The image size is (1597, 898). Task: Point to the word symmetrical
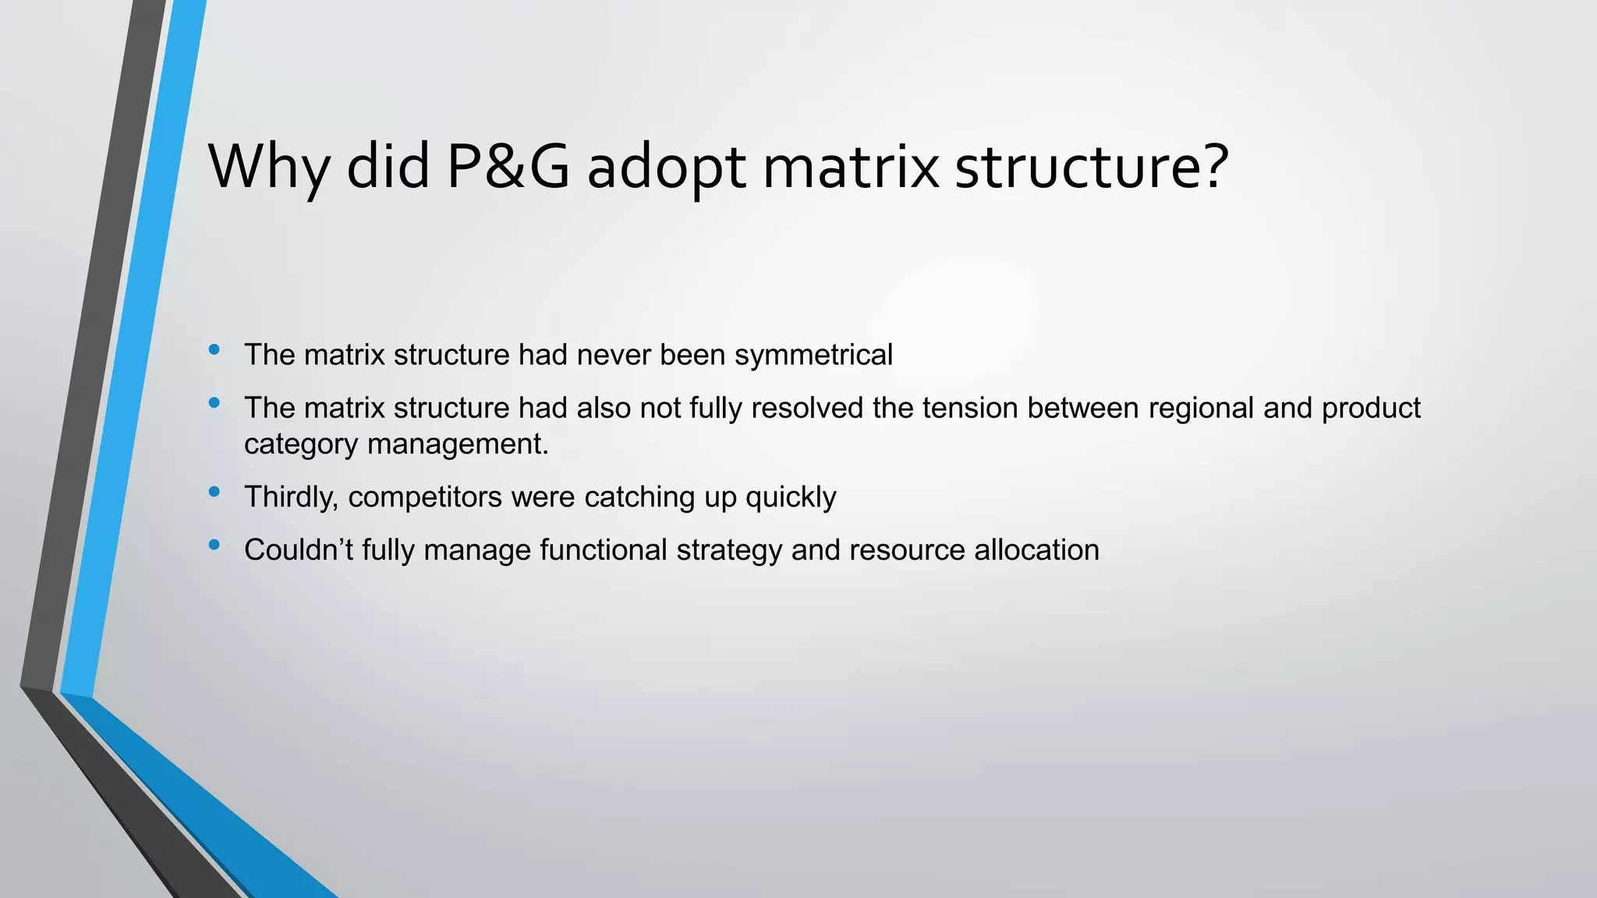[813, 355]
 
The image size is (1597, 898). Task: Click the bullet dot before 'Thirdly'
[214, 492]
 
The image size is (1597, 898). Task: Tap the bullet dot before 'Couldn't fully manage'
[214, 545]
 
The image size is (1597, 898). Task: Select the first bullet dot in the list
[214, 350]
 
